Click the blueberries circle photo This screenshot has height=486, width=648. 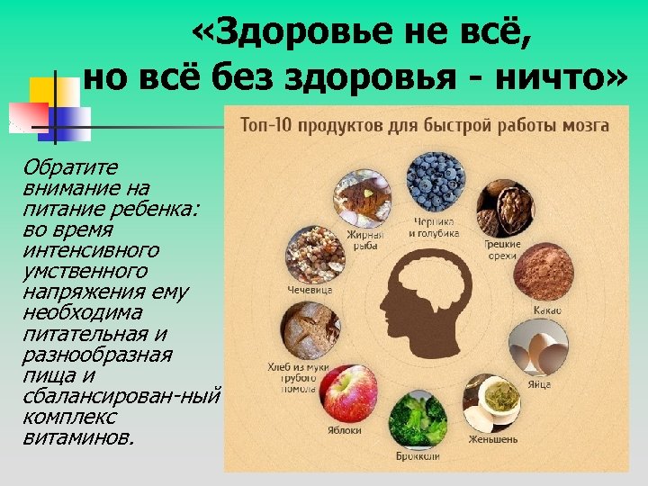pyautogui.click(x=436, y=182)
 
